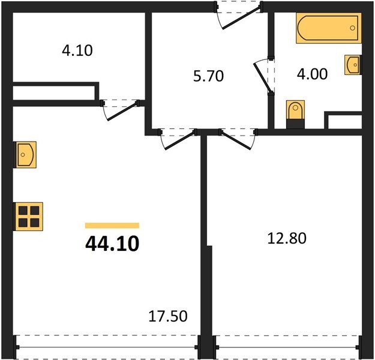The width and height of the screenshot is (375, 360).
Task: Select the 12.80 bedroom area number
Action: (x=286, y=239)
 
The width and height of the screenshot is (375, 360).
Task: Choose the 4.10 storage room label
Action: (x=77, y=50)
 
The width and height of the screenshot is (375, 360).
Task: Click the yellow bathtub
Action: (x=328, y=29)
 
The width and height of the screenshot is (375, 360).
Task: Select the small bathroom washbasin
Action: (x=352, y=64)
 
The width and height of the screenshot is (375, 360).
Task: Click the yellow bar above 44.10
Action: (x=112, y=226)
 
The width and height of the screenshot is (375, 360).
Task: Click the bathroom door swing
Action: (x=265, y=76)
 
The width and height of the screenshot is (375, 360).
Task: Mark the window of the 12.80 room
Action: (x=287, y=346)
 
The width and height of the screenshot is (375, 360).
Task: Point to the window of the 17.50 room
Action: (x=108, y=346)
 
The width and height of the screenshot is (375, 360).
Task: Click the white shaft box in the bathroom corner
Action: (x=344, y=121)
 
